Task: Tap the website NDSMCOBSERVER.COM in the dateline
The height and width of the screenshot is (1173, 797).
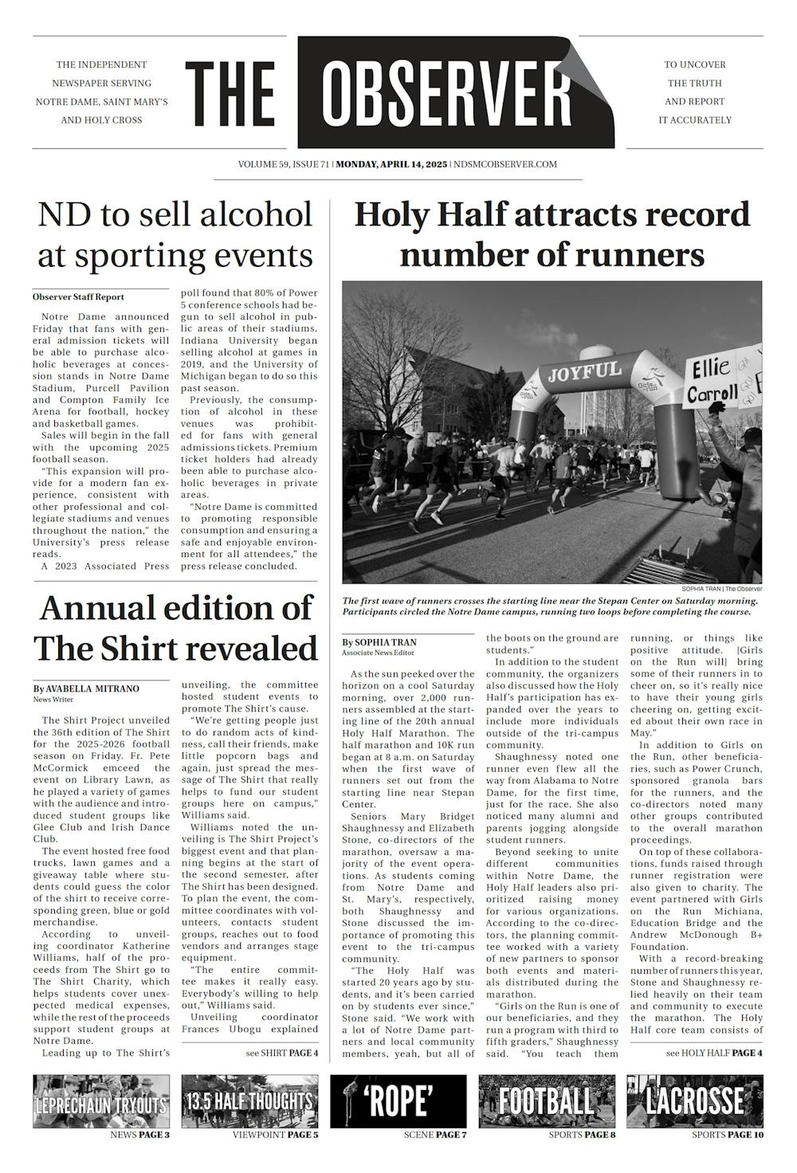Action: tap(504, 165)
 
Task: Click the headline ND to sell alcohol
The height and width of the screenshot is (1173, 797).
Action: tap(175, 215)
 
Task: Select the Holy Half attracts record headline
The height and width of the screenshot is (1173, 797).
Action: tap(552, 215)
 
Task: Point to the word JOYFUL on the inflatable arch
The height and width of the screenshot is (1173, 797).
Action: tap(584, 371)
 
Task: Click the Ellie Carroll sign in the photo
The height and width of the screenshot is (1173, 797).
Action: tap(713, 381)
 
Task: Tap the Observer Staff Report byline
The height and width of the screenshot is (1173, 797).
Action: tap(78, 297)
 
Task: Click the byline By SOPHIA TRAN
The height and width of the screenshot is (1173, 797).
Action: tap(379, 642)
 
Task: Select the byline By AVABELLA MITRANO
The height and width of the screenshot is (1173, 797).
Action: tap(86, 688)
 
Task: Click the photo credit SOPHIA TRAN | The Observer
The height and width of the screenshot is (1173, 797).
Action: tap(721, 589)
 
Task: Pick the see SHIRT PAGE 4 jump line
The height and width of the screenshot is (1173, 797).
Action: tap(282, 1053)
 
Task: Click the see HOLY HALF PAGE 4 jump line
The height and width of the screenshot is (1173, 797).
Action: tap(714, 1053)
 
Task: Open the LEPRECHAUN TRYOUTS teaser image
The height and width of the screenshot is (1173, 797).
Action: tap(101, 1101)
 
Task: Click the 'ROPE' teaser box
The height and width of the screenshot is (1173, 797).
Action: tap(398, 1101)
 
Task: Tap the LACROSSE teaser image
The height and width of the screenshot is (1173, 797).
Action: tap(694, 1101)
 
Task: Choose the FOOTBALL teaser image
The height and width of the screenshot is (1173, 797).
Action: tap(546, 1101)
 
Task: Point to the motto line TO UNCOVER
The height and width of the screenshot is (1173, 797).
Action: tap(695, 65)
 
